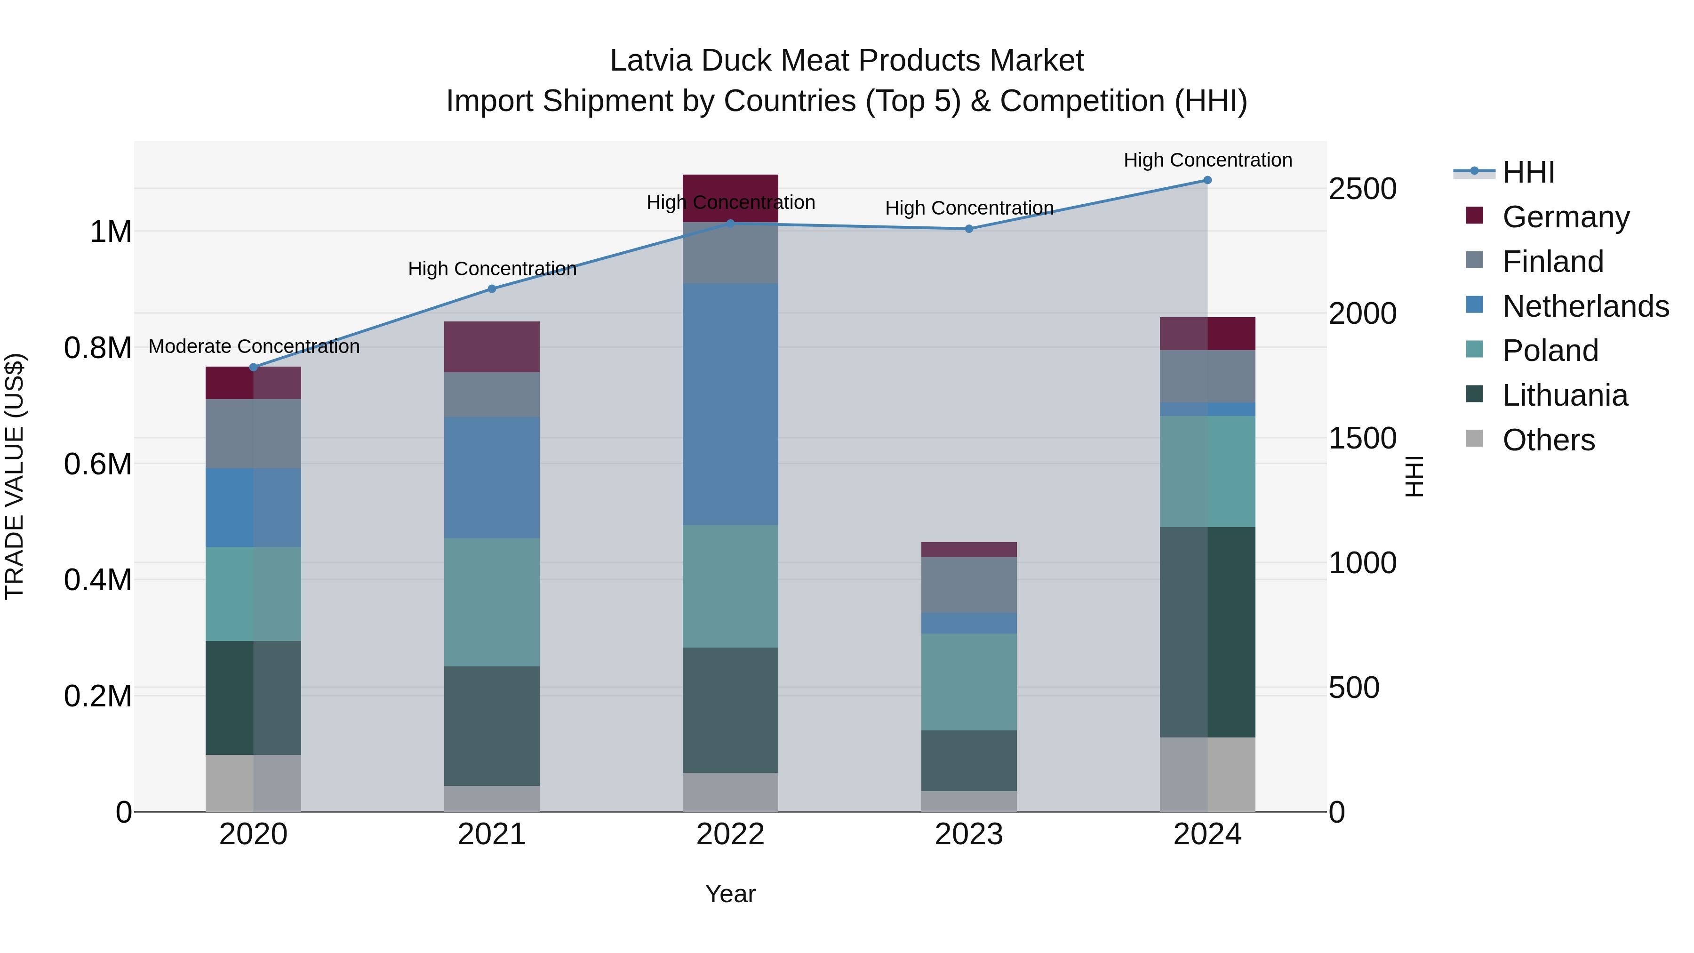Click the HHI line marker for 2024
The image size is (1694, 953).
1207,180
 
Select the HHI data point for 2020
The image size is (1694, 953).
254,367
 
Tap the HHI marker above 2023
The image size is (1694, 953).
969,229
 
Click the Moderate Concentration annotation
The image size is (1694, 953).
254,346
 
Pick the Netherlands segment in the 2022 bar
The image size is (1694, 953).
730,404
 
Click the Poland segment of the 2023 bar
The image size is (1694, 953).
969,681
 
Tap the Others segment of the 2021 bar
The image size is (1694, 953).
492,799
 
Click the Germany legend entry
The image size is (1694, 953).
1566,217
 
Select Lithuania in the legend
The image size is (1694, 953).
1565,395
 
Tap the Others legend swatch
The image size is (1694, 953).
1475,439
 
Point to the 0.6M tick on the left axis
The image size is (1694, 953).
98,464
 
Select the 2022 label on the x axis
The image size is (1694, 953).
730,834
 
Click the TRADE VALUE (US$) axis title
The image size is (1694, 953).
15,476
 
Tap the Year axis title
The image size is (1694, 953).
730,894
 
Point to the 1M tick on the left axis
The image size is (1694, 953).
111,232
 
